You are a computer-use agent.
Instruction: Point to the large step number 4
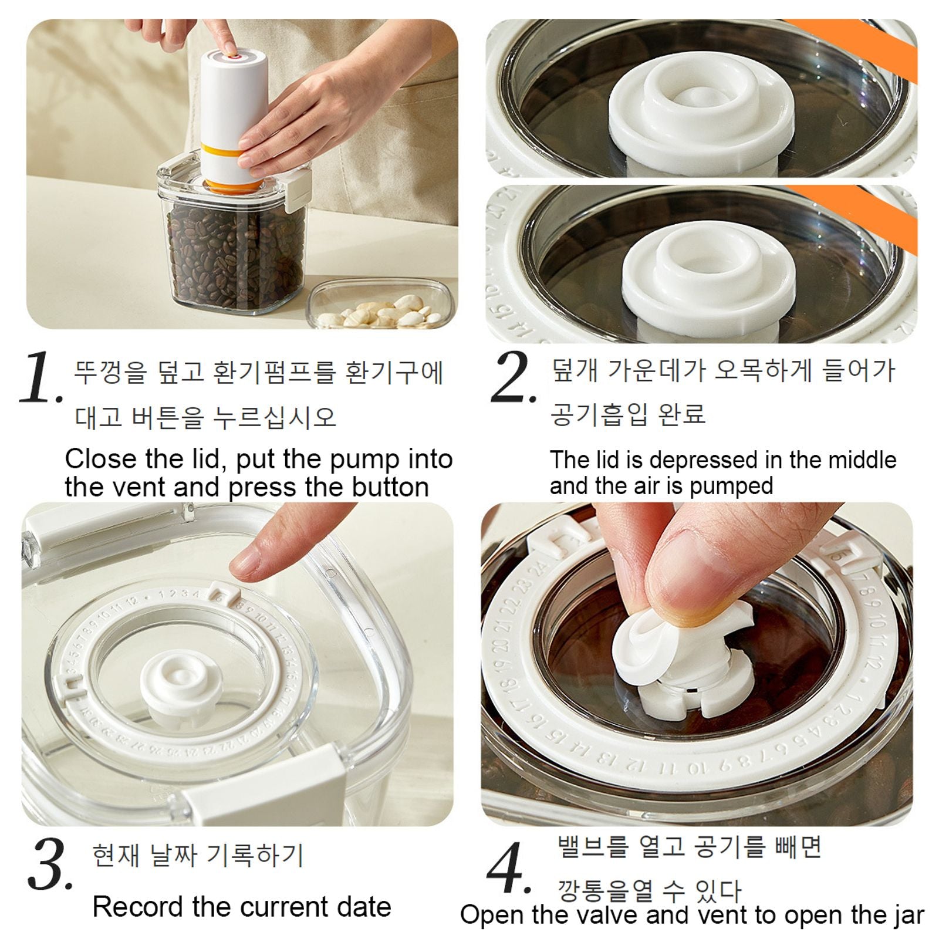coord(508,869)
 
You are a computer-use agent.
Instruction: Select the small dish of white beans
coord(380,305)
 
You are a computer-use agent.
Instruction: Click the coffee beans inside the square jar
coord(235,258)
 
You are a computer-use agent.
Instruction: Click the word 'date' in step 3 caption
coord(363,907)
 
